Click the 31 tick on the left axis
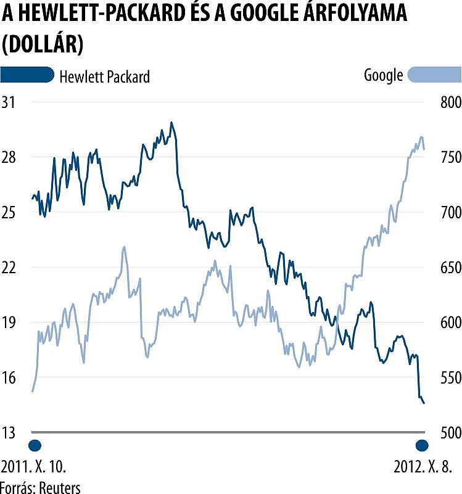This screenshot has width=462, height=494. [x=10, y=102]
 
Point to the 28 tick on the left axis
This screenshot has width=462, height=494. [x=10, y=157]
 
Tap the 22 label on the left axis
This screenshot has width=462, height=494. [x=10, y=267]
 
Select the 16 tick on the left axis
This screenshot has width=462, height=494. [x=10, y=377]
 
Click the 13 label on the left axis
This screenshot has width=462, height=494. [x=10, y=432]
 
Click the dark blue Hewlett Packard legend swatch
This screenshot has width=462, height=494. [x=27, y=75]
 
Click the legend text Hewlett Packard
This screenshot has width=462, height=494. [x=104, y=76]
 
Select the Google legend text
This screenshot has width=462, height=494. [x=383, y=76]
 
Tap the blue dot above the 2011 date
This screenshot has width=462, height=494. [x=35, y=445]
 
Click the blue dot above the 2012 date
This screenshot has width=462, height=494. [x=423, y=445]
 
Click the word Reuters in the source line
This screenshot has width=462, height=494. [x=60, y=487]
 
